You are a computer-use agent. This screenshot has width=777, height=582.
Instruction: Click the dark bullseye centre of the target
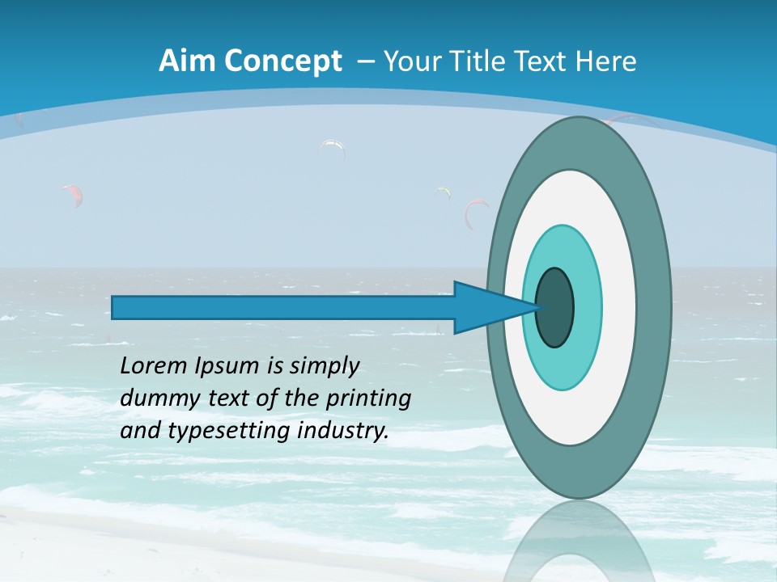click(555, 307)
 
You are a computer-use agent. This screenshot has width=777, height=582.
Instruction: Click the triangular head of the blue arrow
click(486, 307)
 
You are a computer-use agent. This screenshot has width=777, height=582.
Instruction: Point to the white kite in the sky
click(333, 148)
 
